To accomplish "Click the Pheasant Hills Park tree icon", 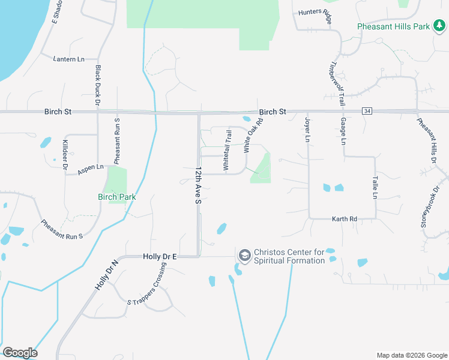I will pyautogui.click(x=440, y=26).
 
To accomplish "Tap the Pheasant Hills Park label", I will pyautogui.click(x=394, y=26).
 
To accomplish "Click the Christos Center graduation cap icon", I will pyautogui.click(x=244, y=256).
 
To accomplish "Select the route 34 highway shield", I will pyautogui.click(x=367, y=111).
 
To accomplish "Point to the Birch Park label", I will pyautogui.click(x=117, y=197).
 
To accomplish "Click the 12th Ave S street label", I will pyautogui.click(x=197, y=186).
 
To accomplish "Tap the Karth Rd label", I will pyautogui.click(x=345, y=220).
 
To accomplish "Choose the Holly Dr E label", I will pyautogui.click(x=160, y=256).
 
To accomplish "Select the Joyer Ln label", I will pyautogui.click(x=308, y=130).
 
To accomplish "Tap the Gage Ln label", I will pyautogui.click(x=344, y=131).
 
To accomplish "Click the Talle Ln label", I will pyautogui.click(x=375, y=187).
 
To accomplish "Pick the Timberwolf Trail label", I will pyautogui.click(x=337, y=83).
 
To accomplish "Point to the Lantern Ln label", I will pyautogui.click(x=69, y=59).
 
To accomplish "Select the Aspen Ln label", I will pyautogui.click(x=91, y=170).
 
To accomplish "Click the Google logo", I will pyautogui.click(x=20, y=353).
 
